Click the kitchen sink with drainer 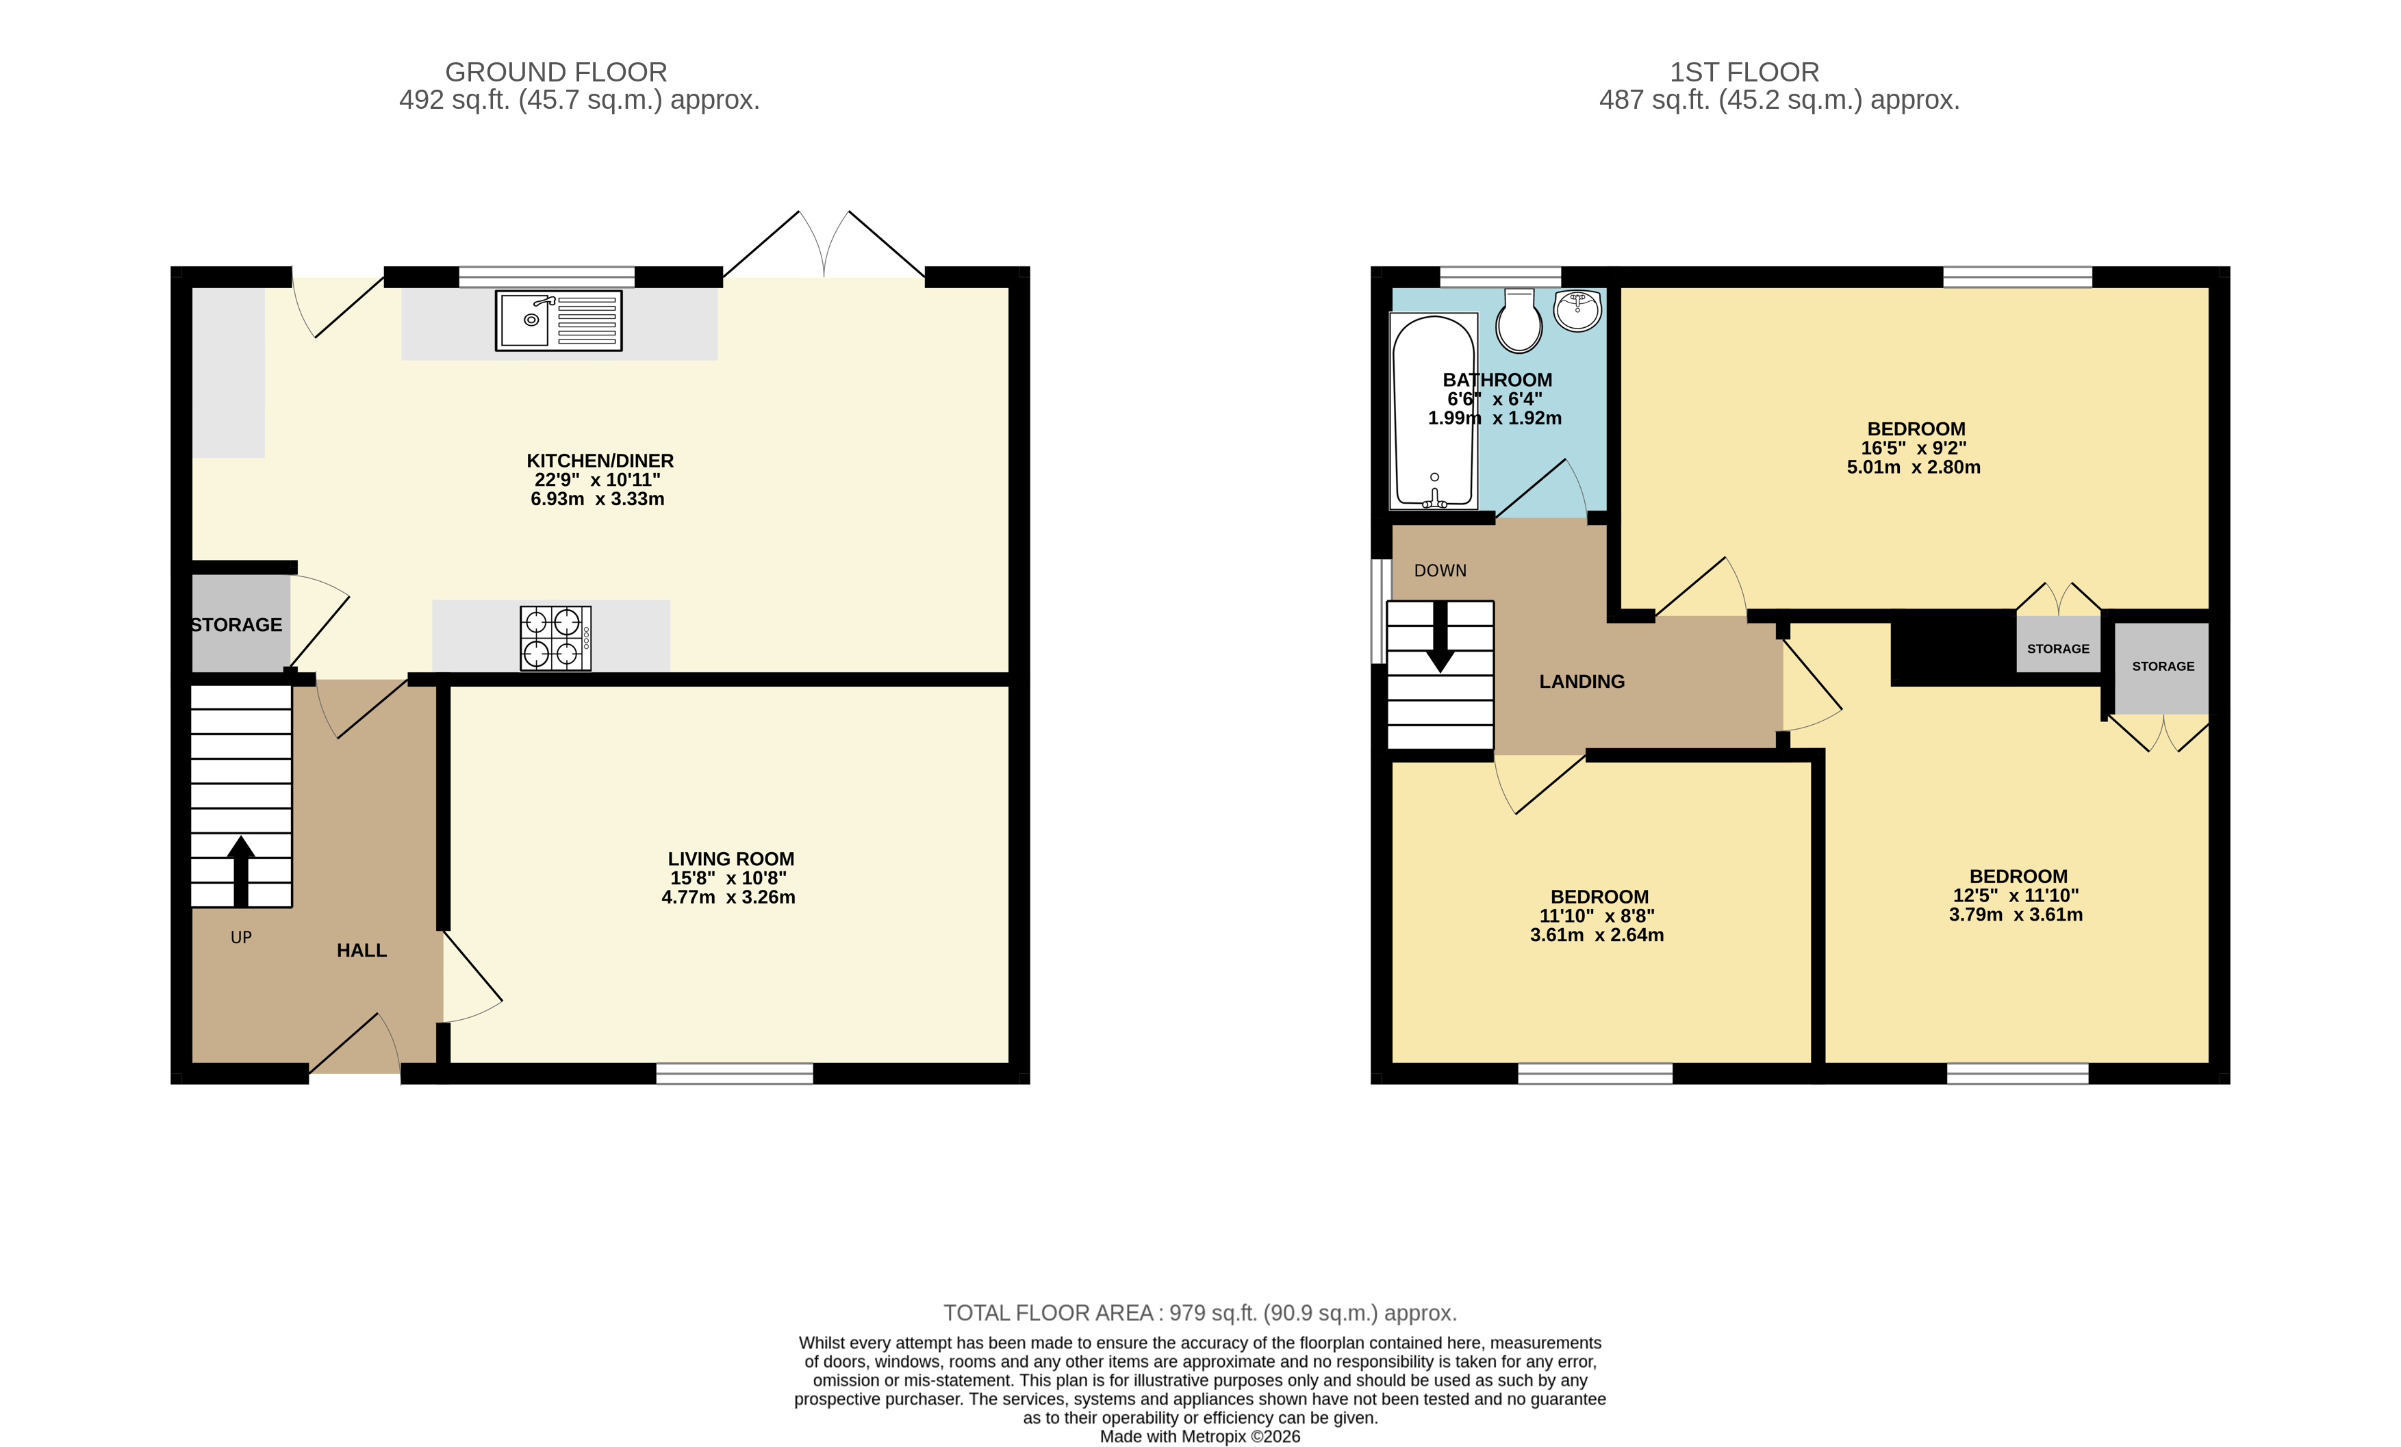click(559, 320)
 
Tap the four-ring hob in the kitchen click(555, 638)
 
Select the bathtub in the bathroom click(1434, 411)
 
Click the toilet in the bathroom click(1518, 322)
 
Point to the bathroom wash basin click(1577, 311)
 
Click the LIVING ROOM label click(731, 858)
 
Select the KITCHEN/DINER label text click(599, 461)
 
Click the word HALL click(361, 950)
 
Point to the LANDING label click(1581, 682)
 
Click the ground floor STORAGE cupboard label click(237, 625)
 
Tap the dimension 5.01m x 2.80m click(1913, 467)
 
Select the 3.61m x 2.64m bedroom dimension click(1596, 934)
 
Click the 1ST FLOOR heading click(1744, 72)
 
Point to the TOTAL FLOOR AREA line click(1199, 1313)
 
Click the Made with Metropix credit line click(1199, 1436)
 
